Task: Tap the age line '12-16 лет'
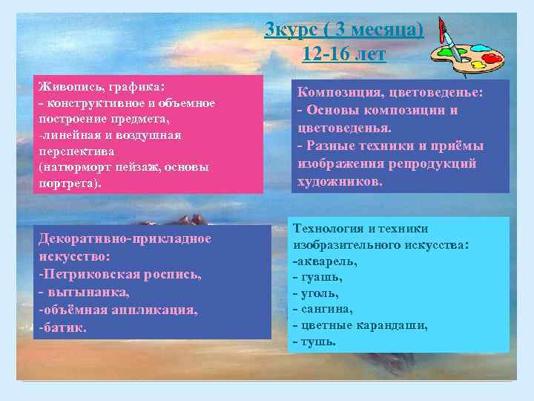(344, 53)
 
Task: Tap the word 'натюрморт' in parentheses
(76, 167)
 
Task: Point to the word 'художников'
(337, 181)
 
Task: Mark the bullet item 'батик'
(66, 327)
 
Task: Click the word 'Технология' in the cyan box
(329, 229)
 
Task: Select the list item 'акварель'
(326, 261)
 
